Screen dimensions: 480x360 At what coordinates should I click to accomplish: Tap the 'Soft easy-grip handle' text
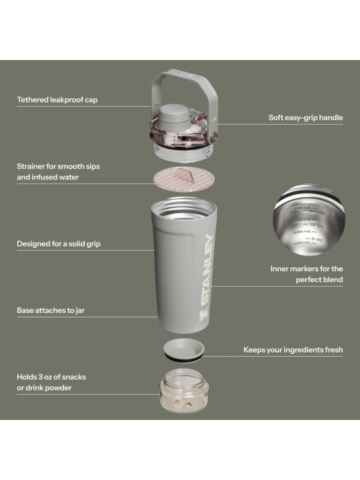306,118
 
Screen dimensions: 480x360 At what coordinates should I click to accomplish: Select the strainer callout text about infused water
58,172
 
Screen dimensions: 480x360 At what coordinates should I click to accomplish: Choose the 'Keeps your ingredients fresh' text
293,350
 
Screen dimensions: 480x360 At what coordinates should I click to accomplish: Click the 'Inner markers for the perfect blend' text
307,275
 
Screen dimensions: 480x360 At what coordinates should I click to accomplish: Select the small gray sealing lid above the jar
181,349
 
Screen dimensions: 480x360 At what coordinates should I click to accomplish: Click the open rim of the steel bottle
181,204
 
